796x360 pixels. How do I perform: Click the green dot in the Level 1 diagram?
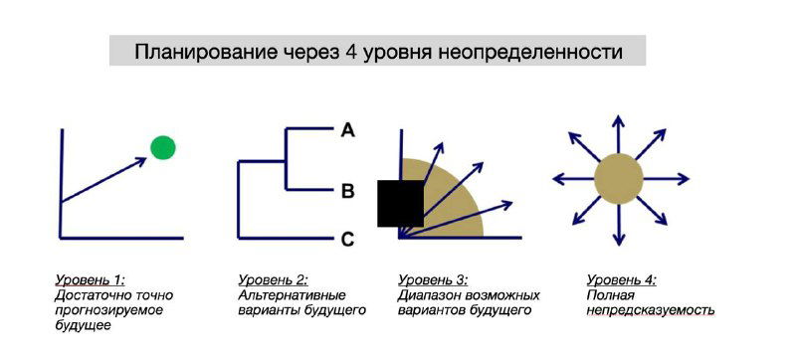pos(163,148)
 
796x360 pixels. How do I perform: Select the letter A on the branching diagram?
pos(347,129)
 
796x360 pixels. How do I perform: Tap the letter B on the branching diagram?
pos(347,191)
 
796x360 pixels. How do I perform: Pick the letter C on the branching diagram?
pos(347,239)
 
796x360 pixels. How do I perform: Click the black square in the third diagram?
pos(400,204)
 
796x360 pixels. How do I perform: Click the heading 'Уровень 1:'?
pos(90,280)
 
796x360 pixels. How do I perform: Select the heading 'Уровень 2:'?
pos(273,280)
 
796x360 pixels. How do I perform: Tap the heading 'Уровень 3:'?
pos(432,280)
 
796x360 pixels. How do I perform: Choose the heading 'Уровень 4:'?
pos(621,280)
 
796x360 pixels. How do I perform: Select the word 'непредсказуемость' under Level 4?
pos(651,310)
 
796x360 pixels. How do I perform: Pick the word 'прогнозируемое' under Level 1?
pos(108,310)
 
